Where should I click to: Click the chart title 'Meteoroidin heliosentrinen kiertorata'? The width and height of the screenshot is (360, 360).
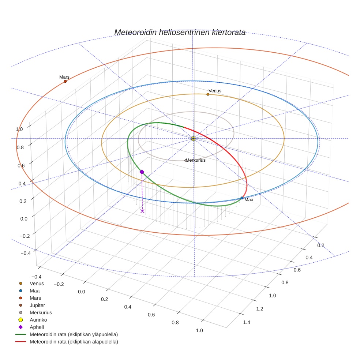click(180, 32)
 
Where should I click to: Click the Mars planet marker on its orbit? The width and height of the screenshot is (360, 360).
click(65, 81)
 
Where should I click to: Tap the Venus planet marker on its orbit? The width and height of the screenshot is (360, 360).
click(208, 94)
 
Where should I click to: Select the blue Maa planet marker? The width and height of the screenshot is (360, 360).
click(242, 198)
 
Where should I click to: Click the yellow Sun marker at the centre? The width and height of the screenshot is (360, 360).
click(194, 139)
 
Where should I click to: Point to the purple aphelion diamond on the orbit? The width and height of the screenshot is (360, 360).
click(142, 172)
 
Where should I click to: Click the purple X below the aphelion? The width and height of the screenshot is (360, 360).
click(142, 211)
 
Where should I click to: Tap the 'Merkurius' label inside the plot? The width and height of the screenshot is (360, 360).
click(195, 160)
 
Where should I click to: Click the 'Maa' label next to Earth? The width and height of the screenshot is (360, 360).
click(249, 200)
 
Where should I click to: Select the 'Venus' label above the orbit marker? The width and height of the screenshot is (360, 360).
click(215, 91)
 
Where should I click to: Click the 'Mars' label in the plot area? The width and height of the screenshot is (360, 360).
click(64, 77)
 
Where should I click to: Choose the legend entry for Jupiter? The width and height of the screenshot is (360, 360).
click(37, 305)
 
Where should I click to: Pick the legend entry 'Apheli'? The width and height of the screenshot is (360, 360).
click(37, 327)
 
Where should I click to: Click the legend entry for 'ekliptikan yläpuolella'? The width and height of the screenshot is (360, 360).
click(74, 334)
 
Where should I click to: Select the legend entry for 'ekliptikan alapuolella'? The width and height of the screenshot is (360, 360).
click(74, 342)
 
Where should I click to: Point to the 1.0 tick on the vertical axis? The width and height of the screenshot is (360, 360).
click(19, 129)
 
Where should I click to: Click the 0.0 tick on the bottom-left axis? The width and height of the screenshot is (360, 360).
click(81, 292)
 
